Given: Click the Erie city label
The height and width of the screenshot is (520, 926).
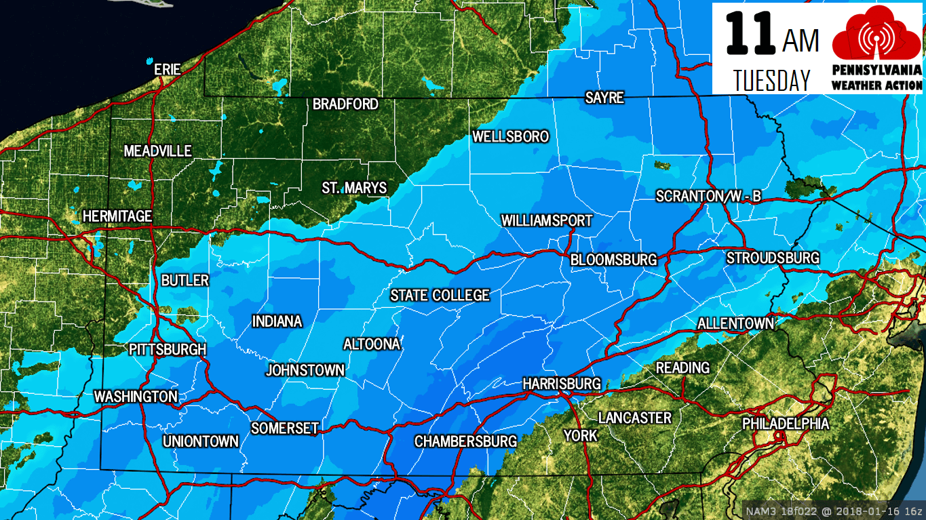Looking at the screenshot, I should click(168, 69).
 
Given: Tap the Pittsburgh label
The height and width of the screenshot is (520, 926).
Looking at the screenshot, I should click(168, 350).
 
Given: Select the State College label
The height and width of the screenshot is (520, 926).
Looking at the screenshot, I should click(440, 296).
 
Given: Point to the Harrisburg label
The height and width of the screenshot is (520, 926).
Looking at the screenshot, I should click(562, 384).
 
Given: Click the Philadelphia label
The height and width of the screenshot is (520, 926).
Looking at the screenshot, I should click(786, 424).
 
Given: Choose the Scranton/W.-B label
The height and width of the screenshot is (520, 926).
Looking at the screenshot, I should click(708, 197).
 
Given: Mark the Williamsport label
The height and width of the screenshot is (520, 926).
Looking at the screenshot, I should click(546, 221).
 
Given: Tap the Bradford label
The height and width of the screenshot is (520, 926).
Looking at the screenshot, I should click(345, 104).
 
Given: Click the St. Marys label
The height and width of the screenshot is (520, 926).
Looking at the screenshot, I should click(354, 188).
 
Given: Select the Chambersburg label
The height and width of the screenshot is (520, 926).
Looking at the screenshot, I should click(465, 441).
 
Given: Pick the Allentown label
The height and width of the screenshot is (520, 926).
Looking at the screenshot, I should click(735, 323).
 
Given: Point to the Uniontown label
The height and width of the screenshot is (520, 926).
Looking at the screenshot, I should click(201, 441).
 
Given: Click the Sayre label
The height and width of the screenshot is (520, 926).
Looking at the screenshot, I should click(604, 98).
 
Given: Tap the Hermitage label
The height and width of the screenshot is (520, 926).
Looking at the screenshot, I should click(117, 216).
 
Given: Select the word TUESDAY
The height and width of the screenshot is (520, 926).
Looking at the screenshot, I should click(772, 80).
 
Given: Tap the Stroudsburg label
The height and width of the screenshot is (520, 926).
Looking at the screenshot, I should click(773, 258).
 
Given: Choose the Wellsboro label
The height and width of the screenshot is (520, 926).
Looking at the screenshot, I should click(510, 137).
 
